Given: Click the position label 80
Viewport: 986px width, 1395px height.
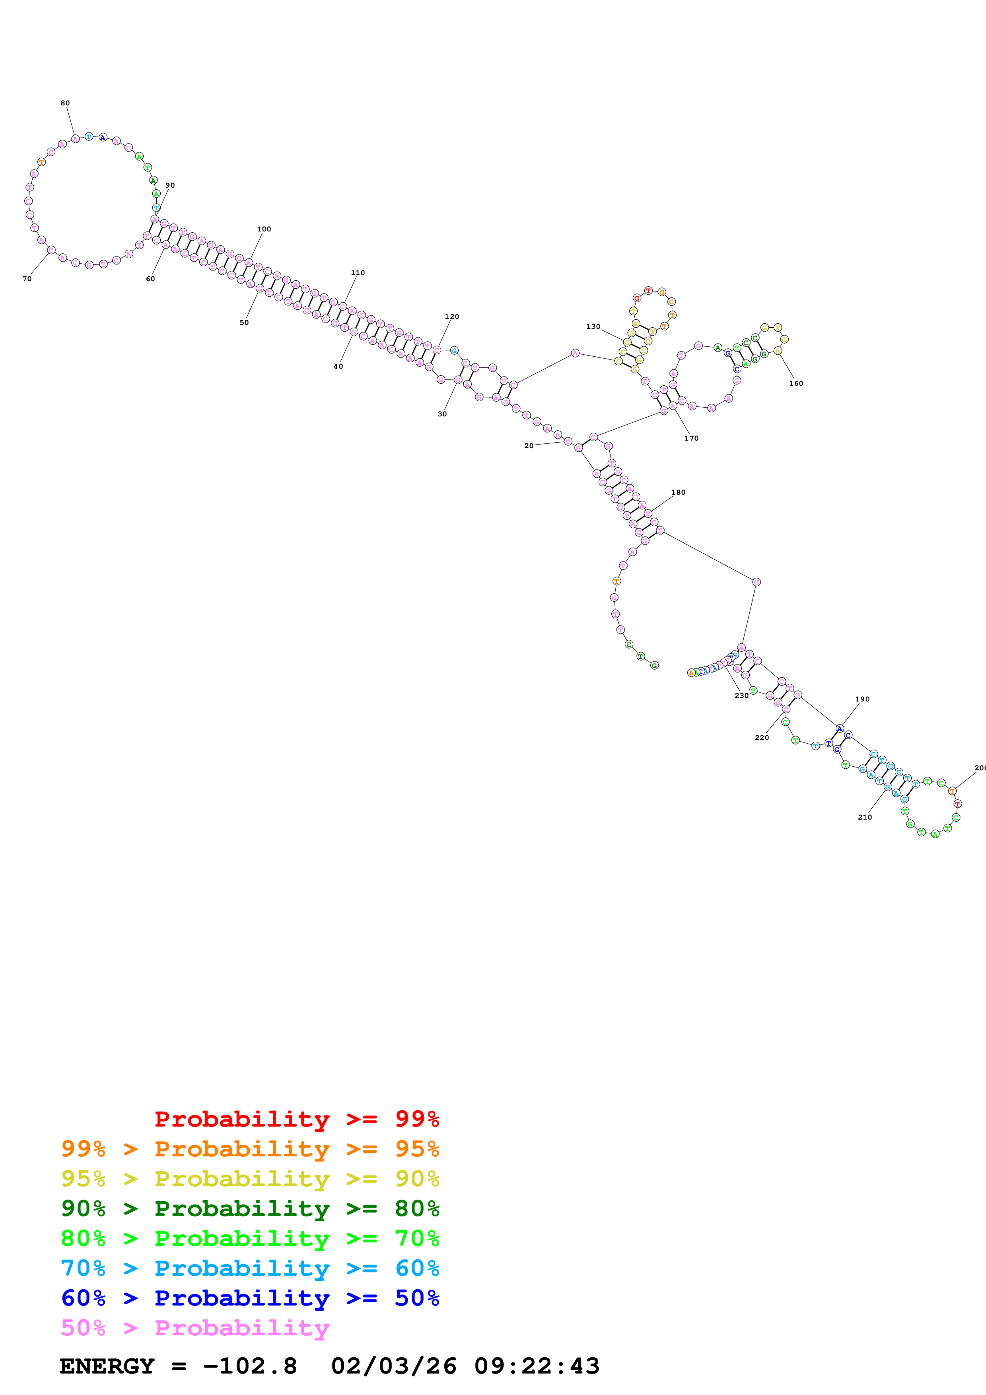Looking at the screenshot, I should click(65, 103).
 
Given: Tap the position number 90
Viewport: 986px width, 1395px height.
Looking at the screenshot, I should click(170, 185).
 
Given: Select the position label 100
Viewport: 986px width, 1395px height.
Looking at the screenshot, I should click(264, 229).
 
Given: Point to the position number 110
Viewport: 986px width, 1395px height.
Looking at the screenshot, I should click(358, 273).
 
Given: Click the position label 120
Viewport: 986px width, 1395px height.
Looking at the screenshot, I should click(452, 317).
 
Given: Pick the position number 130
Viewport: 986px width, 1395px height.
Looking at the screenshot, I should click(593, 326).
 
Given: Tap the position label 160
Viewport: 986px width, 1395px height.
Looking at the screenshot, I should click(796, 383).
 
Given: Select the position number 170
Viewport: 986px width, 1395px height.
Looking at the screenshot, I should click(691, 438).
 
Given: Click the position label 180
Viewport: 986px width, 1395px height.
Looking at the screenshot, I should click(678, 492).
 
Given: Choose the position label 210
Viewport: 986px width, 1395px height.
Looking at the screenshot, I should click(865, 817).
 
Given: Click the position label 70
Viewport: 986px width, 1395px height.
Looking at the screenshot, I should click(27, 279).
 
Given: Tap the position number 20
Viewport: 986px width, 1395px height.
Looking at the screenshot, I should click(529, 446).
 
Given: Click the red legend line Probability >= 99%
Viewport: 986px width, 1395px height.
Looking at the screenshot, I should click(296, 1119).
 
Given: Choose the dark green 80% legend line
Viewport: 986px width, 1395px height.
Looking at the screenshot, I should click(250, 1208).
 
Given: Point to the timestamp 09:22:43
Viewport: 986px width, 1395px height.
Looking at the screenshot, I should click(537, 1366).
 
